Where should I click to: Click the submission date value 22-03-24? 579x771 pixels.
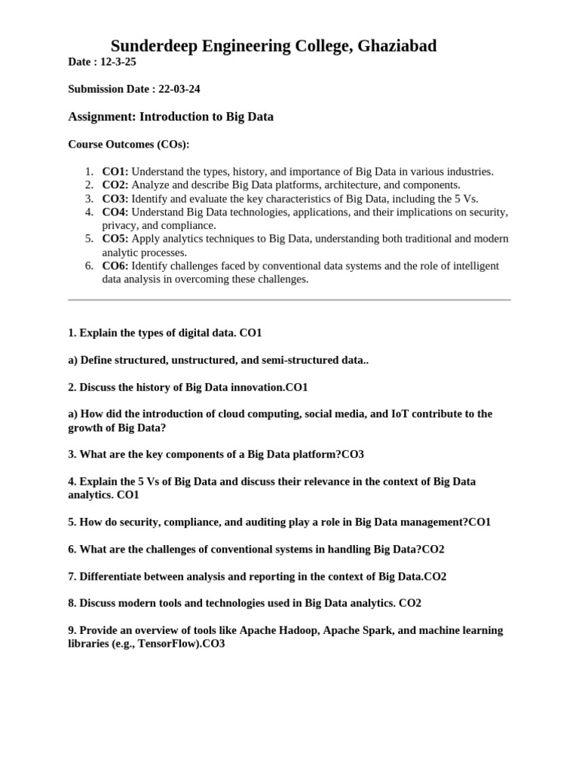tap(179, 89)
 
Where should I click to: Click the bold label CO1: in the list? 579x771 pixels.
tap(115, 172)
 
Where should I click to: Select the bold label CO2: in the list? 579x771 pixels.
tap(115, 185)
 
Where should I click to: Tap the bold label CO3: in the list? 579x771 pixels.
tap(115, 199)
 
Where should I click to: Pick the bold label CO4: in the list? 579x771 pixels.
tap(115, 212)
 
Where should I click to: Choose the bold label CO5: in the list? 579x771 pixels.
tap(115, 239)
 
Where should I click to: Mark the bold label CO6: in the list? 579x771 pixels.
tap(115, 266)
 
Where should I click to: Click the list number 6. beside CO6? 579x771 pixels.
tap(89, 266)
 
